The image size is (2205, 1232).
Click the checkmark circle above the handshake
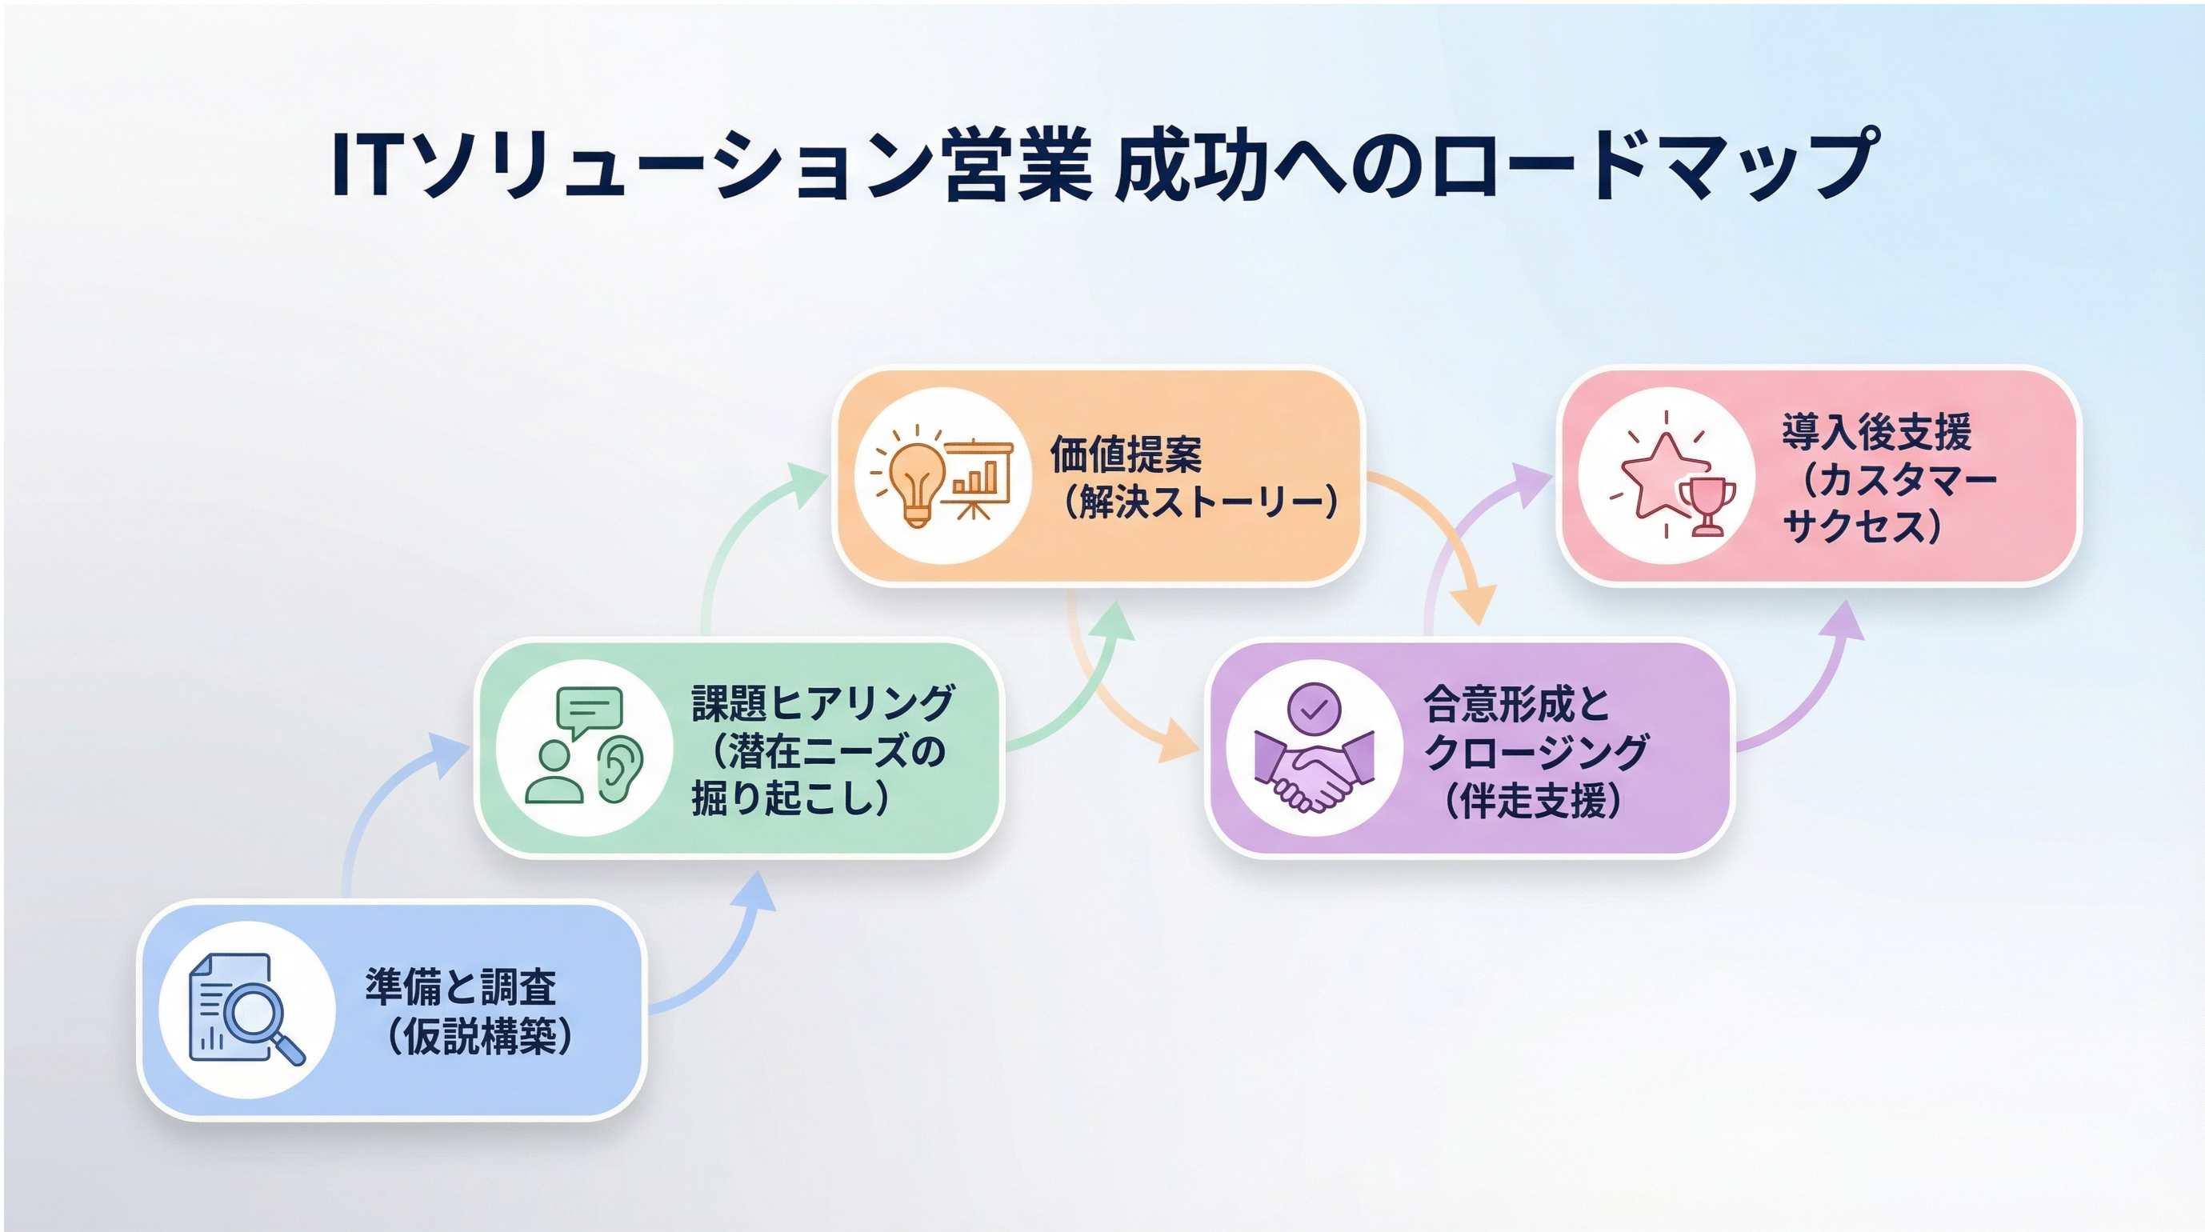[x=1314, y=709]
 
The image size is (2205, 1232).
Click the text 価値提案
[x=1126, y=454]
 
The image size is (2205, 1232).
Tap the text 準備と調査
[x=461, y=986]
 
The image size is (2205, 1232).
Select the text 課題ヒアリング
[x=822, y=703]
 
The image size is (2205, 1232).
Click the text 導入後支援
[x=1876, y=432]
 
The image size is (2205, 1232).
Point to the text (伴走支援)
[x=1532, y=801]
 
